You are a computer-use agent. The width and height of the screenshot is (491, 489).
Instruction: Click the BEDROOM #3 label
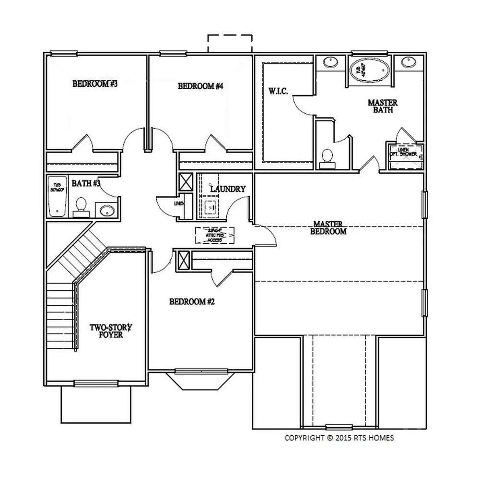tap(95, 84)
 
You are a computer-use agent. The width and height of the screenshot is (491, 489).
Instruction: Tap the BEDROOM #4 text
tap(201, 86)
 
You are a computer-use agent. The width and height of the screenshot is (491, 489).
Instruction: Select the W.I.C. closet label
tap(278, 91)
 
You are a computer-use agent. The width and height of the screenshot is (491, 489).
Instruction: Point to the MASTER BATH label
tap(382, 106)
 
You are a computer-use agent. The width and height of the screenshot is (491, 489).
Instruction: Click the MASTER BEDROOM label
tap(328, 227)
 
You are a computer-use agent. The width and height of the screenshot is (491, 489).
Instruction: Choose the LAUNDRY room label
tap(228, 189)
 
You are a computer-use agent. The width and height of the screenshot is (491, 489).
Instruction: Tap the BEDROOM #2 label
tap(191, 302)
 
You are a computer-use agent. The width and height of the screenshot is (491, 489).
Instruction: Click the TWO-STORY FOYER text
tap(111, 331)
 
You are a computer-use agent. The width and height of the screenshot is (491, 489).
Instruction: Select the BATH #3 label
tap(86, 183)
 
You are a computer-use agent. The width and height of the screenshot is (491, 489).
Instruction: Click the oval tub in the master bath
tap(369, 71)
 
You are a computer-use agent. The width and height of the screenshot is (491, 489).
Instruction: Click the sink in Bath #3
tap(105, 210)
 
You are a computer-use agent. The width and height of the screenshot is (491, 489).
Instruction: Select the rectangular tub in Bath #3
tap(57, 197)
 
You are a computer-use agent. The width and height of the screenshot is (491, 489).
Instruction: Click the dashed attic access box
tap(213, 235)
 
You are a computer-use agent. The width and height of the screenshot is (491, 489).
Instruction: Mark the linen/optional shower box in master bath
tap(406, 156)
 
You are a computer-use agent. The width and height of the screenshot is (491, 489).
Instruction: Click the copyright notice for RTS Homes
tap(339, 438)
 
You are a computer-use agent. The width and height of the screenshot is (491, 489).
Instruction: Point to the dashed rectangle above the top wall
tap(230, 43)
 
